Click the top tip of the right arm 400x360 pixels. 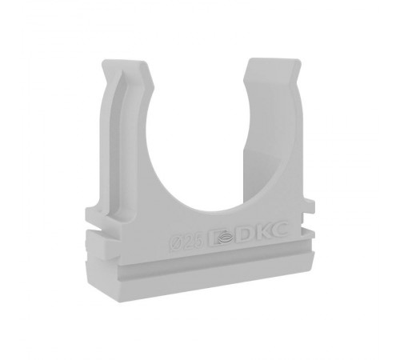pos(274,59)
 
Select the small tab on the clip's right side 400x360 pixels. pos(310,205)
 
